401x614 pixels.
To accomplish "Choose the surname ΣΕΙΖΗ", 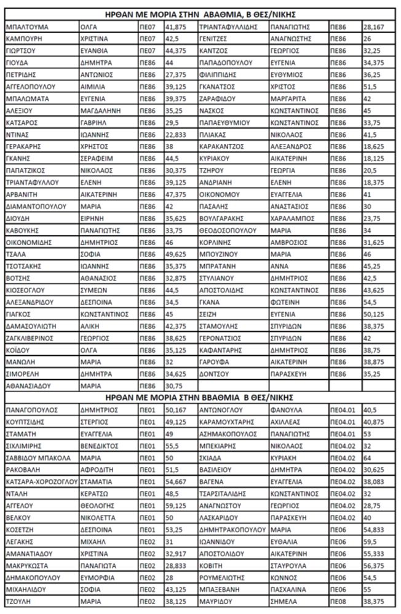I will [x=208, y=314].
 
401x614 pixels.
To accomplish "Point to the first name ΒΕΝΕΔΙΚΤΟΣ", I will [x=101, y=446].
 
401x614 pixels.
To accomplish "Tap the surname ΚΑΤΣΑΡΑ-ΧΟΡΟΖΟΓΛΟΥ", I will [x=38, y=481].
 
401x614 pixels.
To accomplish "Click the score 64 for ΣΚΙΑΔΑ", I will [x=367, y=458].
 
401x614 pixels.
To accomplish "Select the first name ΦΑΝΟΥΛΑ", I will [x=286, y=409].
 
